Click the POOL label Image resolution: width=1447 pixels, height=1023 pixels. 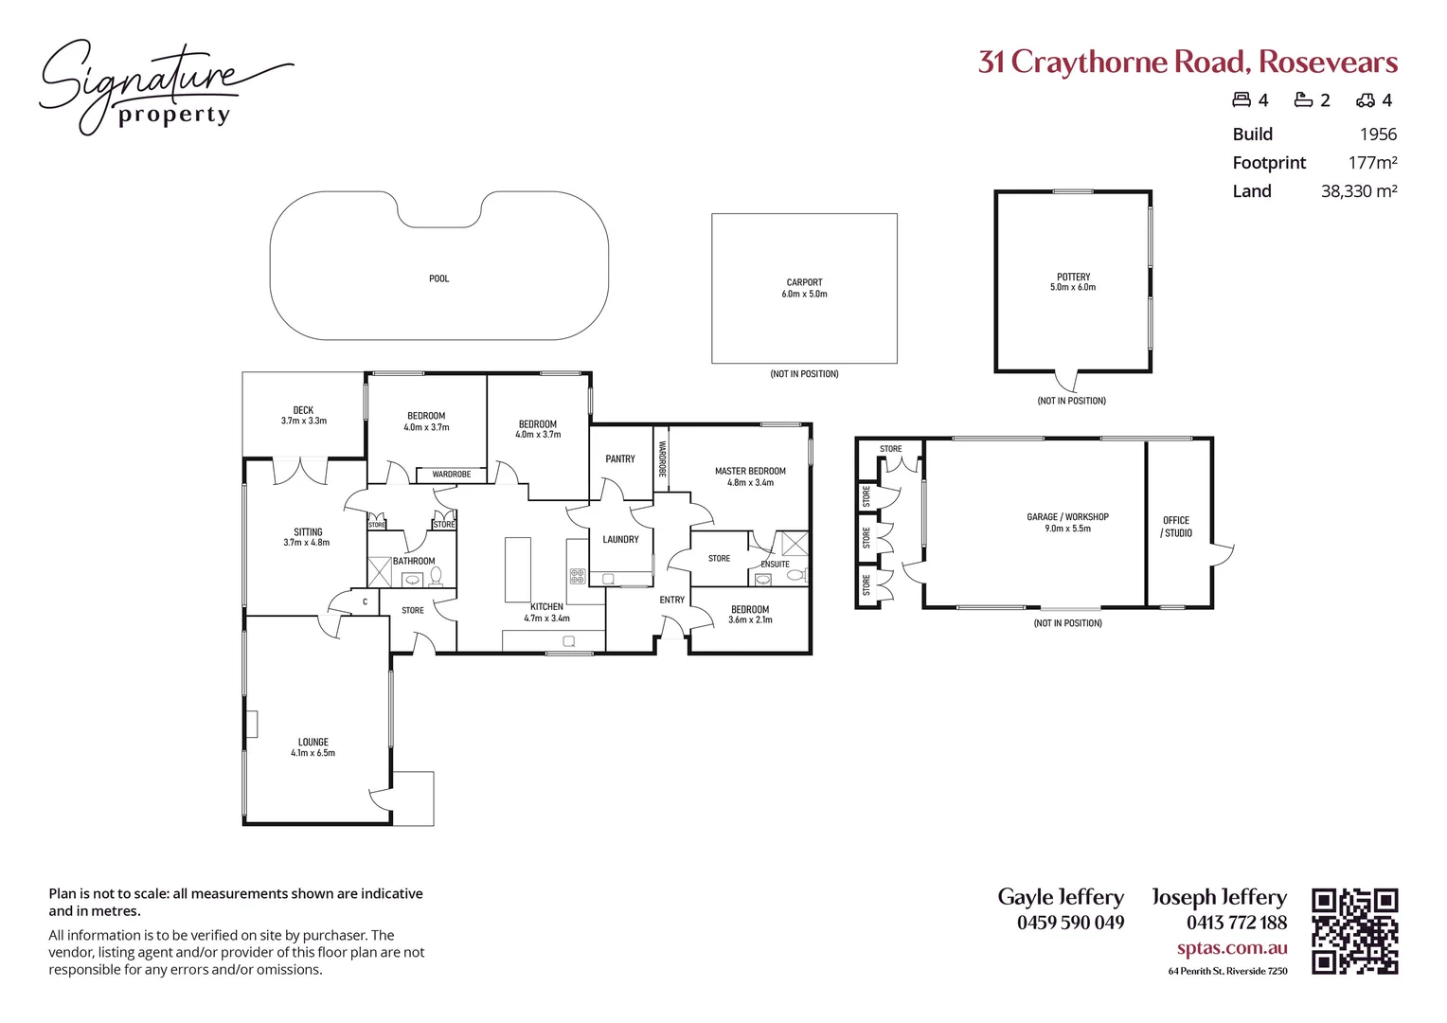click(x=438, y=278)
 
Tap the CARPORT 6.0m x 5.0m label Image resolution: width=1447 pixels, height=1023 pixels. click(x=804, y=288)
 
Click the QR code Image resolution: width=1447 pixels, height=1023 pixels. click(x=1354, y=931)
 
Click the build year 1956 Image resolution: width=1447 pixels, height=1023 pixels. click(x=1378, y=135)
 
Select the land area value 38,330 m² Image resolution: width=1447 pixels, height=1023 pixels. click(x=1359, y=191)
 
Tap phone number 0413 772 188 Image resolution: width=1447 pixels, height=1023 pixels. click(x=1237, y=923)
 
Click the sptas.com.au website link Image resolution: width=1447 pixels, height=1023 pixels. click(x=1232, y=948)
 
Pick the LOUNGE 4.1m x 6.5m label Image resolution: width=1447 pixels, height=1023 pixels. click(x=313, y=747)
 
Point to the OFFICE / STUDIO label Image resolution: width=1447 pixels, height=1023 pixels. click(x=1176, y=527)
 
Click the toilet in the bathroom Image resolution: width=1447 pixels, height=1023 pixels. click(x=437, y=574)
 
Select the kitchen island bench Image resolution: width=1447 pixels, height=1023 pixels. click(x=518, y=569)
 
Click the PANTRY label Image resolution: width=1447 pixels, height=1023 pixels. click(x=620, y=458)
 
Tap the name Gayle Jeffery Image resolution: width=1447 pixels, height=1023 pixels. click(x=1061, y=897)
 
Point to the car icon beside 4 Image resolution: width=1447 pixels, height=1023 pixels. click(x=1366, y=100)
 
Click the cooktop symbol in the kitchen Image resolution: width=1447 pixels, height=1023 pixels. click(x=578, y=575)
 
